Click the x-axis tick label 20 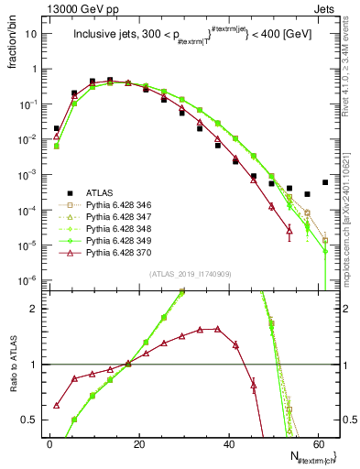coord(139,443)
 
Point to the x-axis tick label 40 coord(229,443)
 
